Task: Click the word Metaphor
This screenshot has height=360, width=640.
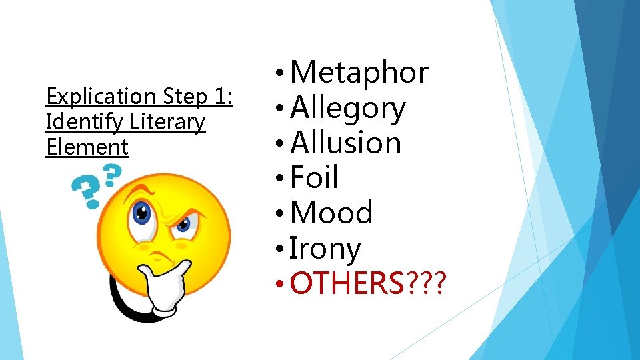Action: tap(359, 72)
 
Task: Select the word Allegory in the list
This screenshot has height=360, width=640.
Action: tap(348, 108)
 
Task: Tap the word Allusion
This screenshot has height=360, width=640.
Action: tap(346, 143)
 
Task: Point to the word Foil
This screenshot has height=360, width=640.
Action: tap(315, 177)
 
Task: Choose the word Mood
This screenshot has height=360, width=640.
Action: tap(331, 213)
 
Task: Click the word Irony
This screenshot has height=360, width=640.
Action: tap(325, 249)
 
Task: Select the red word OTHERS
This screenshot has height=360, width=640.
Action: tap(347, 283)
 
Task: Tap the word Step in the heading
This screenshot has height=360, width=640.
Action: tap(183, 97)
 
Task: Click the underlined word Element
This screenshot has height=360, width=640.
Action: tap(87, 147)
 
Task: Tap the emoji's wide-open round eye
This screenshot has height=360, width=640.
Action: tap(141, 213)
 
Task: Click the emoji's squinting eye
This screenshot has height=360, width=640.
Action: tap(182, 225)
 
